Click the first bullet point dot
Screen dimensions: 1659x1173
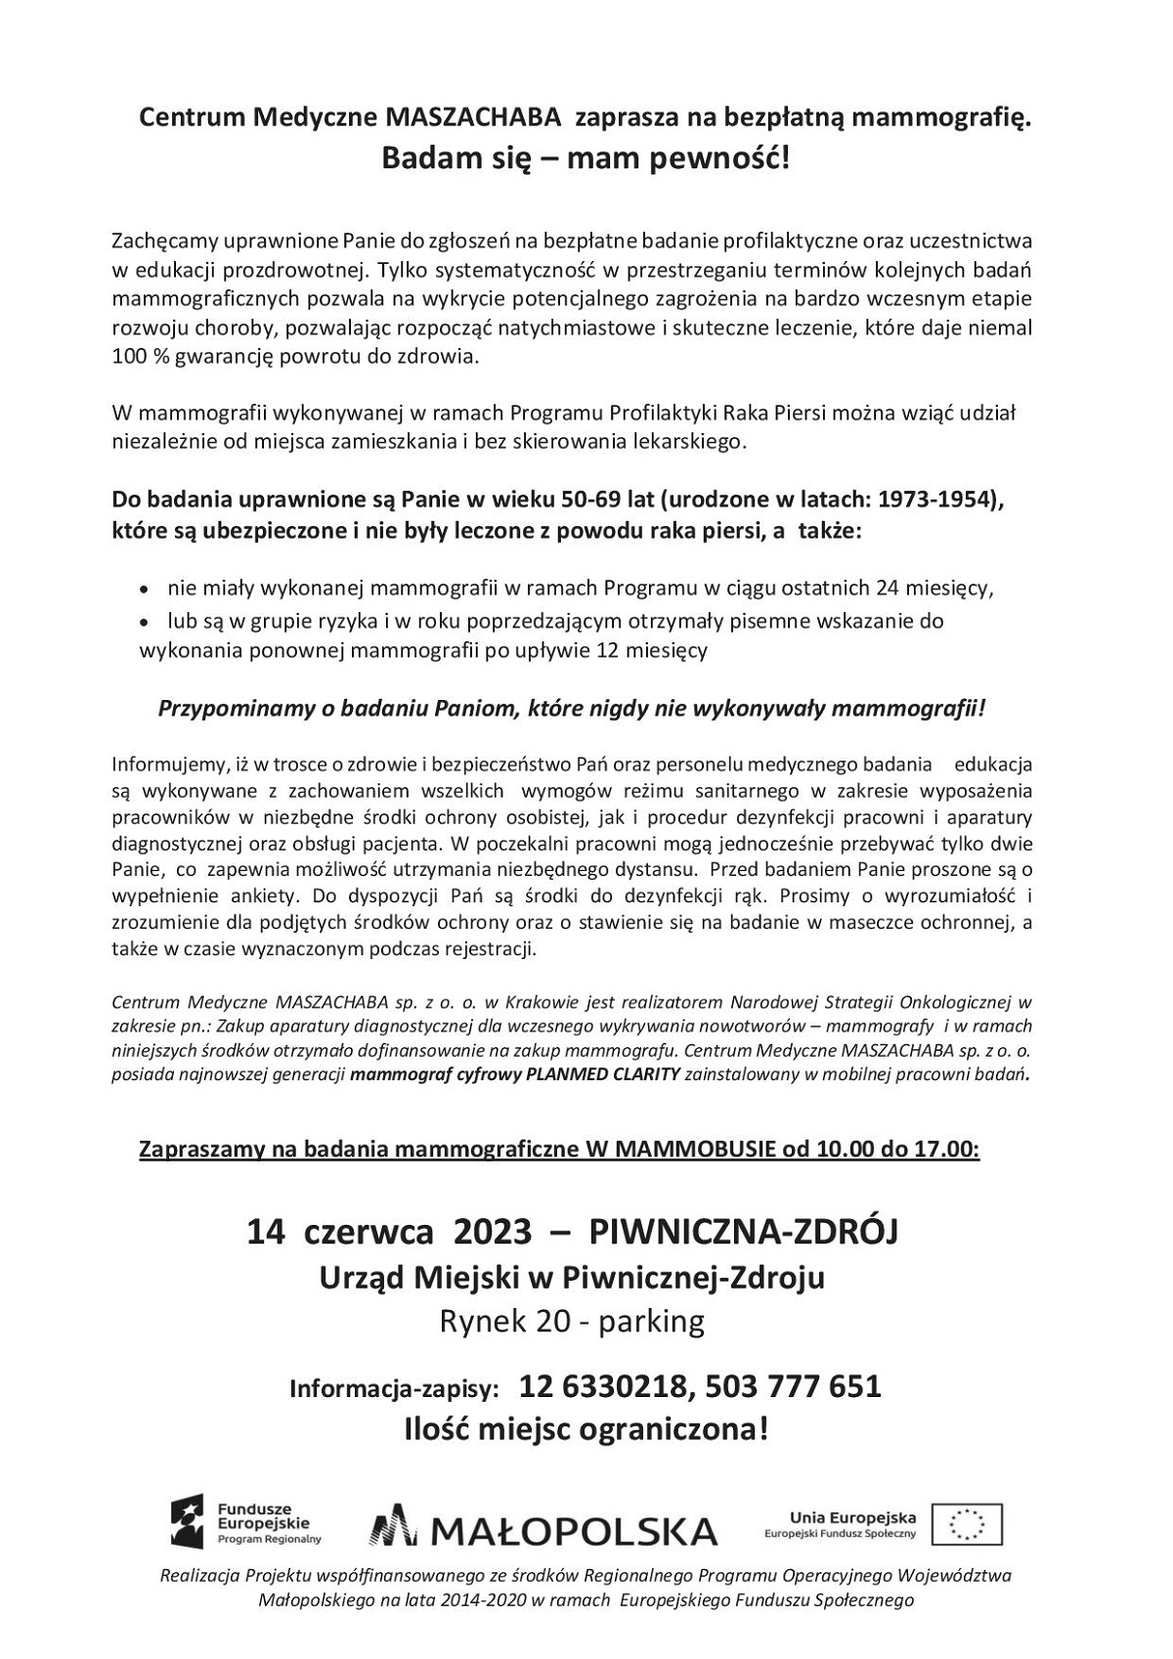pyautogui.click(x=145, y=590)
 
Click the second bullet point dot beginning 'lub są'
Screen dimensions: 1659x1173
pyautogui.click(x=145, y=623)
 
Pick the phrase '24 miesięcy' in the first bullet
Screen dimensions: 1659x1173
pyautogui.click(x=936, y=589)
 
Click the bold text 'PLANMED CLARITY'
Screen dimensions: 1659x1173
pyautogui.click(x=604, y=1075)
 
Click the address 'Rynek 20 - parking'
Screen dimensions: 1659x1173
pyautogui.click(x=572, y=1322)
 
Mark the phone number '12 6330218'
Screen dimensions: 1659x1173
pyautogui.click(x=604, y=1386)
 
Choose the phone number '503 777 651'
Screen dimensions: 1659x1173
pyautogui.click(x=792, y=1386)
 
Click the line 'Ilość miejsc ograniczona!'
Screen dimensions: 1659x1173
pyautogui.click(x=586, y=1430)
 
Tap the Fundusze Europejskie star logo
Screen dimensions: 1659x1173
pyautogui.click(x=188, y=1521)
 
